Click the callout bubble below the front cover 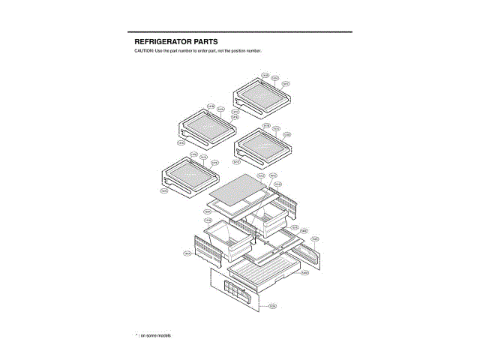pyautogui.click(x=272, y=306)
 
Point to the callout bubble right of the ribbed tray pyautogui.click(x=305, y=273)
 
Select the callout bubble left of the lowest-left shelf pyautogui.click(x=164, y=190)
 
